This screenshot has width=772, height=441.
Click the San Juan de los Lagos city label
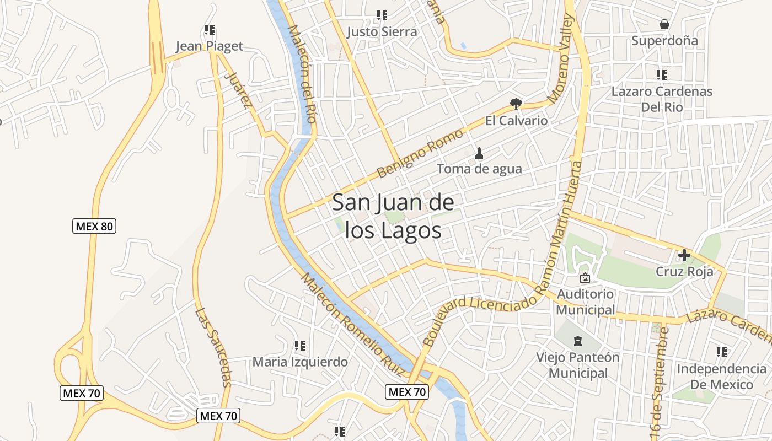393,217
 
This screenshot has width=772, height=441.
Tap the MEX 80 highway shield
94,225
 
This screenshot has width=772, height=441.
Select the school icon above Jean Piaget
209,30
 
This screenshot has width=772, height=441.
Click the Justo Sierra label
382,32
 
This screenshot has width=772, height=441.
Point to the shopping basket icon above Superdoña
664,24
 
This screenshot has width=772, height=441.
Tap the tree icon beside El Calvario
516,104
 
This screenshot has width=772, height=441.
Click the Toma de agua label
479,169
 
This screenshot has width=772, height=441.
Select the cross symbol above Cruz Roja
684,255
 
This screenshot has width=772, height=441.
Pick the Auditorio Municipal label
585,302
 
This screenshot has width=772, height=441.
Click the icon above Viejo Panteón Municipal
578,340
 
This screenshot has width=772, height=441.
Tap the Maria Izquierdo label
300,362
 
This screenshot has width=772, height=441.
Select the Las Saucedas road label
213,347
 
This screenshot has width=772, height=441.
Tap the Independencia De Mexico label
721,377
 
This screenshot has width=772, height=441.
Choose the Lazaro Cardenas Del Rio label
662,99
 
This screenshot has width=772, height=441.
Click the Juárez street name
240,90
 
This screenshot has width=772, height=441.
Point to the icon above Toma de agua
479,153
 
